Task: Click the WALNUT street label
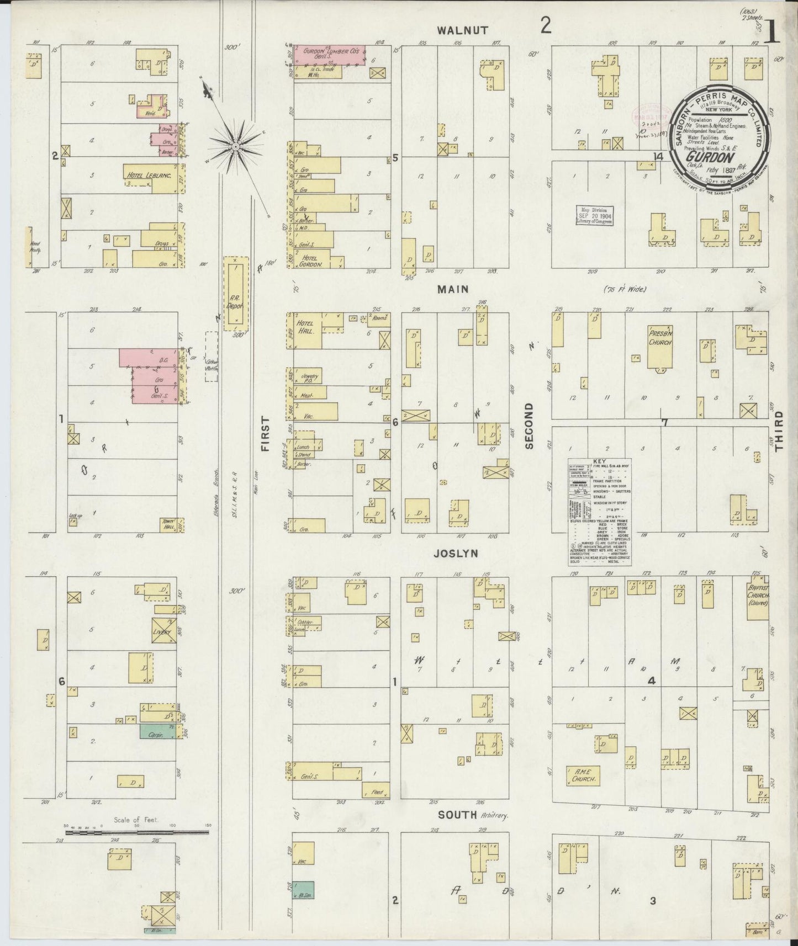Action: point(462,30)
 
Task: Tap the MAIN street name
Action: point(453,289)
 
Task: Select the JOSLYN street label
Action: point(455,553)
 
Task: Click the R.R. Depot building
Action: point(236,293)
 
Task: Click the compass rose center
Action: point(236,146)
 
